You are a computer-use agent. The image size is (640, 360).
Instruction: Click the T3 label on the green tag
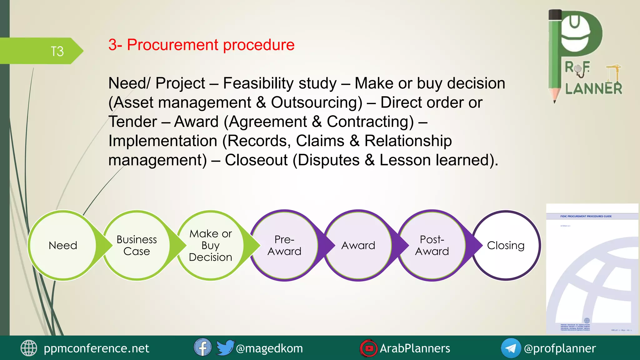click(x=57, y=51)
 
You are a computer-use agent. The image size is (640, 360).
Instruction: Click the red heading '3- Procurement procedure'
click(x=201, y=45)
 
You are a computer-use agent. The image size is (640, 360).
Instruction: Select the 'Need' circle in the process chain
click(x=63, y=245)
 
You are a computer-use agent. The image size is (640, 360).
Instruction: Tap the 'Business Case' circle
click(x=137, y=245)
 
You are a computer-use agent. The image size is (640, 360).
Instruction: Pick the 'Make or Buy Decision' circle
click(x=210, y=245)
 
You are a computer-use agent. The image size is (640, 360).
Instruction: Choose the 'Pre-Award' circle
click(x=284, y=245)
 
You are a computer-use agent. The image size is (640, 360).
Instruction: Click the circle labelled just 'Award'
click(x=358, y=245)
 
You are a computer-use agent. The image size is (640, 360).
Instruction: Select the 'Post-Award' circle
click(x=432, y=245)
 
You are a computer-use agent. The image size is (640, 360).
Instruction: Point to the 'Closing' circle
click(x=506, y=245)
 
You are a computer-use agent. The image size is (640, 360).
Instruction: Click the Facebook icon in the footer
click(x=202, y=347)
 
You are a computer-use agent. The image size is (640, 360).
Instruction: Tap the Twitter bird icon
click(x=225, y=347)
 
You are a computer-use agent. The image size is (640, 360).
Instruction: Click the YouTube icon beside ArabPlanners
click(x=369, y=348)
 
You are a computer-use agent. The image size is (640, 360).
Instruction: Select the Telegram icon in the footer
click(x=511, y=348)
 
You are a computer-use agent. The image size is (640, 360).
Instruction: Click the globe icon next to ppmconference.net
click(x=29, y=348)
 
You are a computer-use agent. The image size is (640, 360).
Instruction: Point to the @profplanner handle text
click(x=560, y=348)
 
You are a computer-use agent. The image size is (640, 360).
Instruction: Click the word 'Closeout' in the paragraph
click(x=256, y=160)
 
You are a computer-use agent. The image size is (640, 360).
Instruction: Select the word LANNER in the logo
click(x=593, y=89)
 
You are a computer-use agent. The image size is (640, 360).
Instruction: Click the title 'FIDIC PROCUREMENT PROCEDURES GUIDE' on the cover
click(x=586, y=216)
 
